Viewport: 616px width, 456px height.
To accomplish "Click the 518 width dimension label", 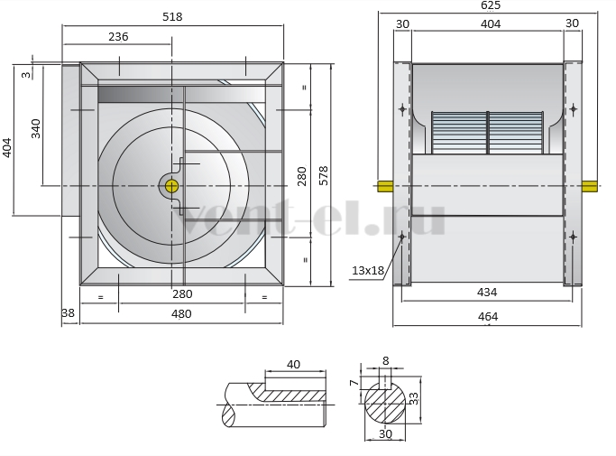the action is coord(172,17).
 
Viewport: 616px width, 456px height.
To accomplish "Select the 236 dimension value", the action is coord(118,37).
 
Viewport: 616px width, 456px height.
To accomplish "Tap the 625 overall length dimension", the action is coord(491,5).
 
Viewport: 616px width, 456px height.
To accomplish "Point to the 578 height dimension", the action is coord(323,175).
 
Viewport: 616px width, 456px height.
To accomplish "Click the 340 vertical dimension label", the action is coord(36,128).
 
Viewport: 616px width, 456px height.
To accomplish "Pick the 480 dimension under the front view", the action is coord(181,314).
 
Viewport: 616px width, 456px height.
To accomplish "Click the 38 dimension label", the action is coord(68,312).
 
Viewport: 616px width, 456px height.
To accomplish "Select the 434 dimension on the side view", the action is coord(487,293).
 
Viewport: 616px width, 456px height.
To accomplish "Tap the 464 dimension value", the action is coord(488,317).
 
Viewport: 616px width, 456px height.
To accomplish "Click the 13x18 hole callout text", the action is coord(368,271).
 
